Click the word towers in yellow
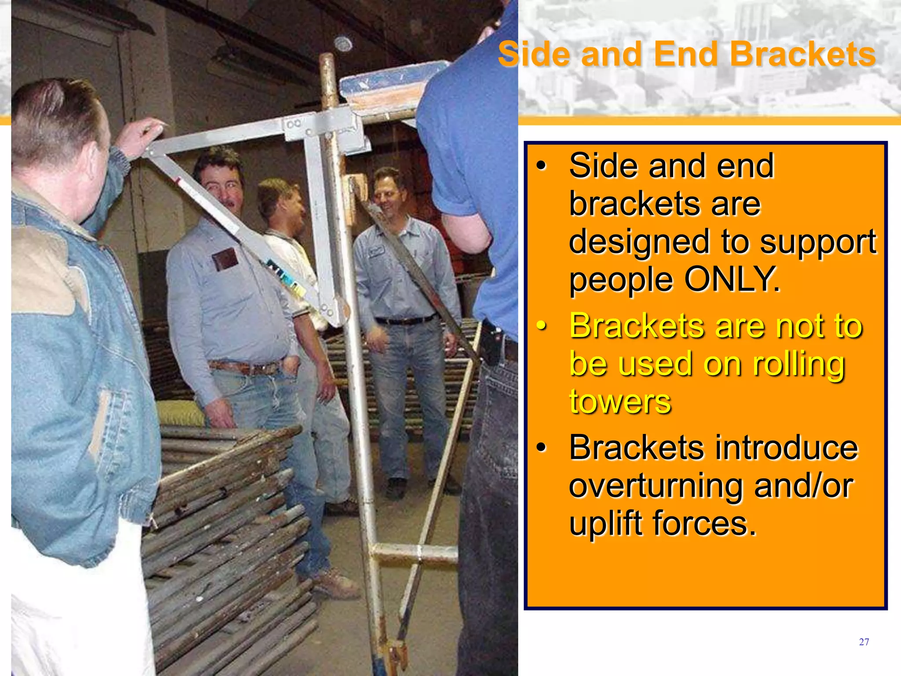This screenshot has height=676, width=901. pos(620,401)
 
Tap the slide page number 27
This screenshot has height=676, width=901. pos(864,642)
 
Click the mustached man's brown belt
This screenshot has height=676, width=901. pos(246,367)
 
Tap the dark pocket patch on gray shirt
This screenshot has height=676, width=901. pos(225,258)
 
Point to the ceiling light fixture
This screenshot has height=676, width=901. pos(343,44)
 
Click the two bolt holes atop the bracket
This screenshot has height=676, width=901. pos(293,124)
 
